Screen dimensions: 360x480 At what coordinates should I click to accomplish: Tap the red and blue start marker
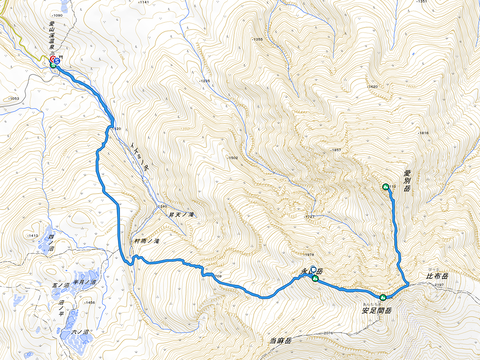point(54,60)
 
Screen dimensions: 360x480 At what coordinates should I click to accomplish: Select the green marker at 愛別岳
point(385,187)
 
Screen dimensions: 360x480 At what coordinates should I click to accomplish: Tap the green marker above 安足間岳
point(382,297)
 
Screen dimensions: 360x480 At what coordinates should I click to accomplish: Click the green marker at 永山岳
point(315,278)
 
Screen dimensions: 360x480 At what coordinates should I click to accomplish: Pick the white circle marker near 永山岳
point(312,271)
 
